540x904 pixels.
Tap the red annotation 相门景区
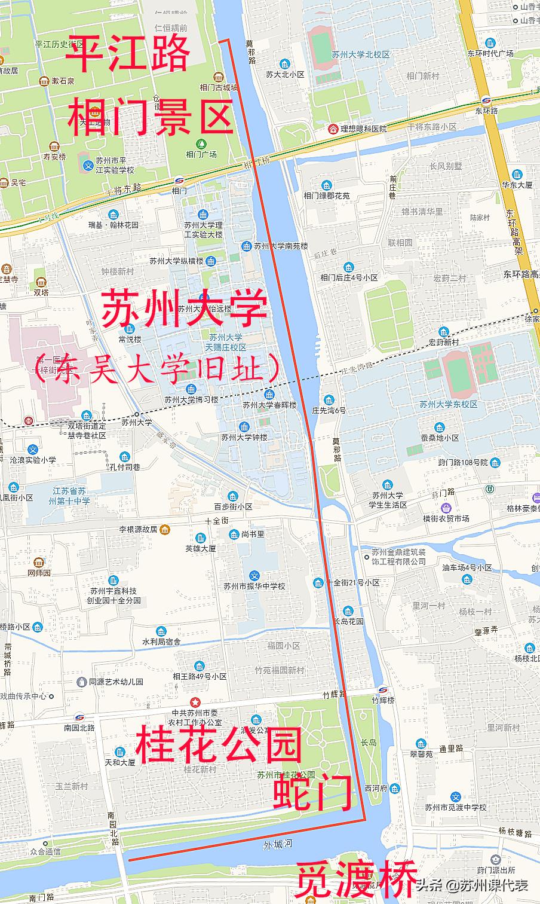click(x=150, y=118)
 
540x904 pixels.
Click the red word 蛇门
click(x=313, y=793)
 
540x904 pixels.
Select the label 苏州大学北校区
click(x=361, y=54)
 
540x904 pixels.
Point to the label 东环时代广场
click(x=490, y=53)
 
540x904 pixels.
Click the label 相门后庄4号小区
click(x=349, y=277)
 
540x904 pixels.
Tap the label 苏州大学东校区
click(x=448, y=404)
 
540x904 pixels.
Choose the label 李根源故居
click(x=138, y=529)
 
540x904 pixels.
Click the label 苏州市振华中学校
click(x=254, y=586)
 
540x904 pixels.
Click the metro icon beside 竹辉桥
click(x=382, y=688)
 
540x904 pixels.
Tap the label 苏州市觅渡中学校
click(x=456, y=807)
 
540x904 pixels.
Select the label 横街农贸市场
click(x=446, y=519)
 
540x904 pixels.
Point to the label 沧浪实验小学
click(x=33, y=460)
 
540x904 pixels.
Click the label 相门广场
click(x=201, y=154)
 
